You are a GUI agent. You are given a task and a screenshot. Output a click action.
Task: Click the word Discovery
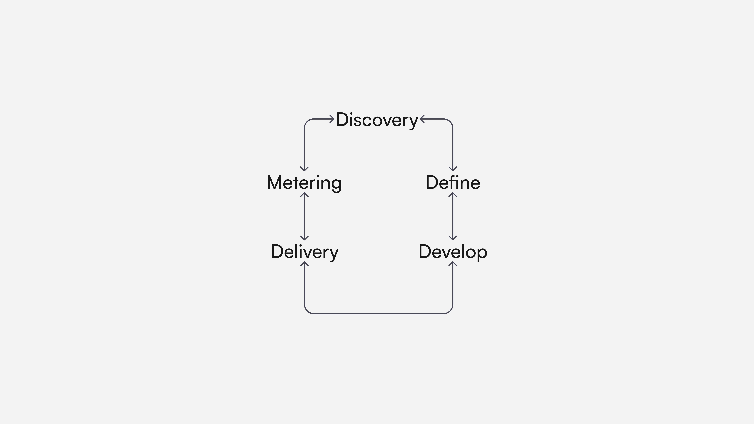377,120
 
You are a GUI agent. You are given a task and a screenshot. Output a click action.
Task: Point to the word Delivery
304,252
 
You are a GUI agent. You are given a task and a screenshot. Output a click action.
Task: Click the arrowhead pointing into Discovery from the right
422,119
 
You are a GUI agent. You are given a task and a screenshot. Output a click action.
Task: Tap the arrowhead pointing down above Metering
304,169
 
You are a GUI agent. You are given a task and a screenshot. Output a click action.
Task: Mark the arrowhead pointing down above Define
453,169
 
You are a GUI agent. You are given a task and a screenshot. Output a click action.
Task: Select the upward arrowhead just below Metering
304,194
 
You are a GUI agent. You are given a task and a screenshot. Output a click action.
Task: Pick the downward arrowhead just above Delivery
304,238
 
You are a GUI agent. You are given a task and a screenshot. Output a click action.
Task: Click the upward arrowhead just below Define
453,194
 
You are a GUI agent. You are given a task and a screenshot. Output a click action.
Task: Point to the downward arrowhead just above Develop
453,238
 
